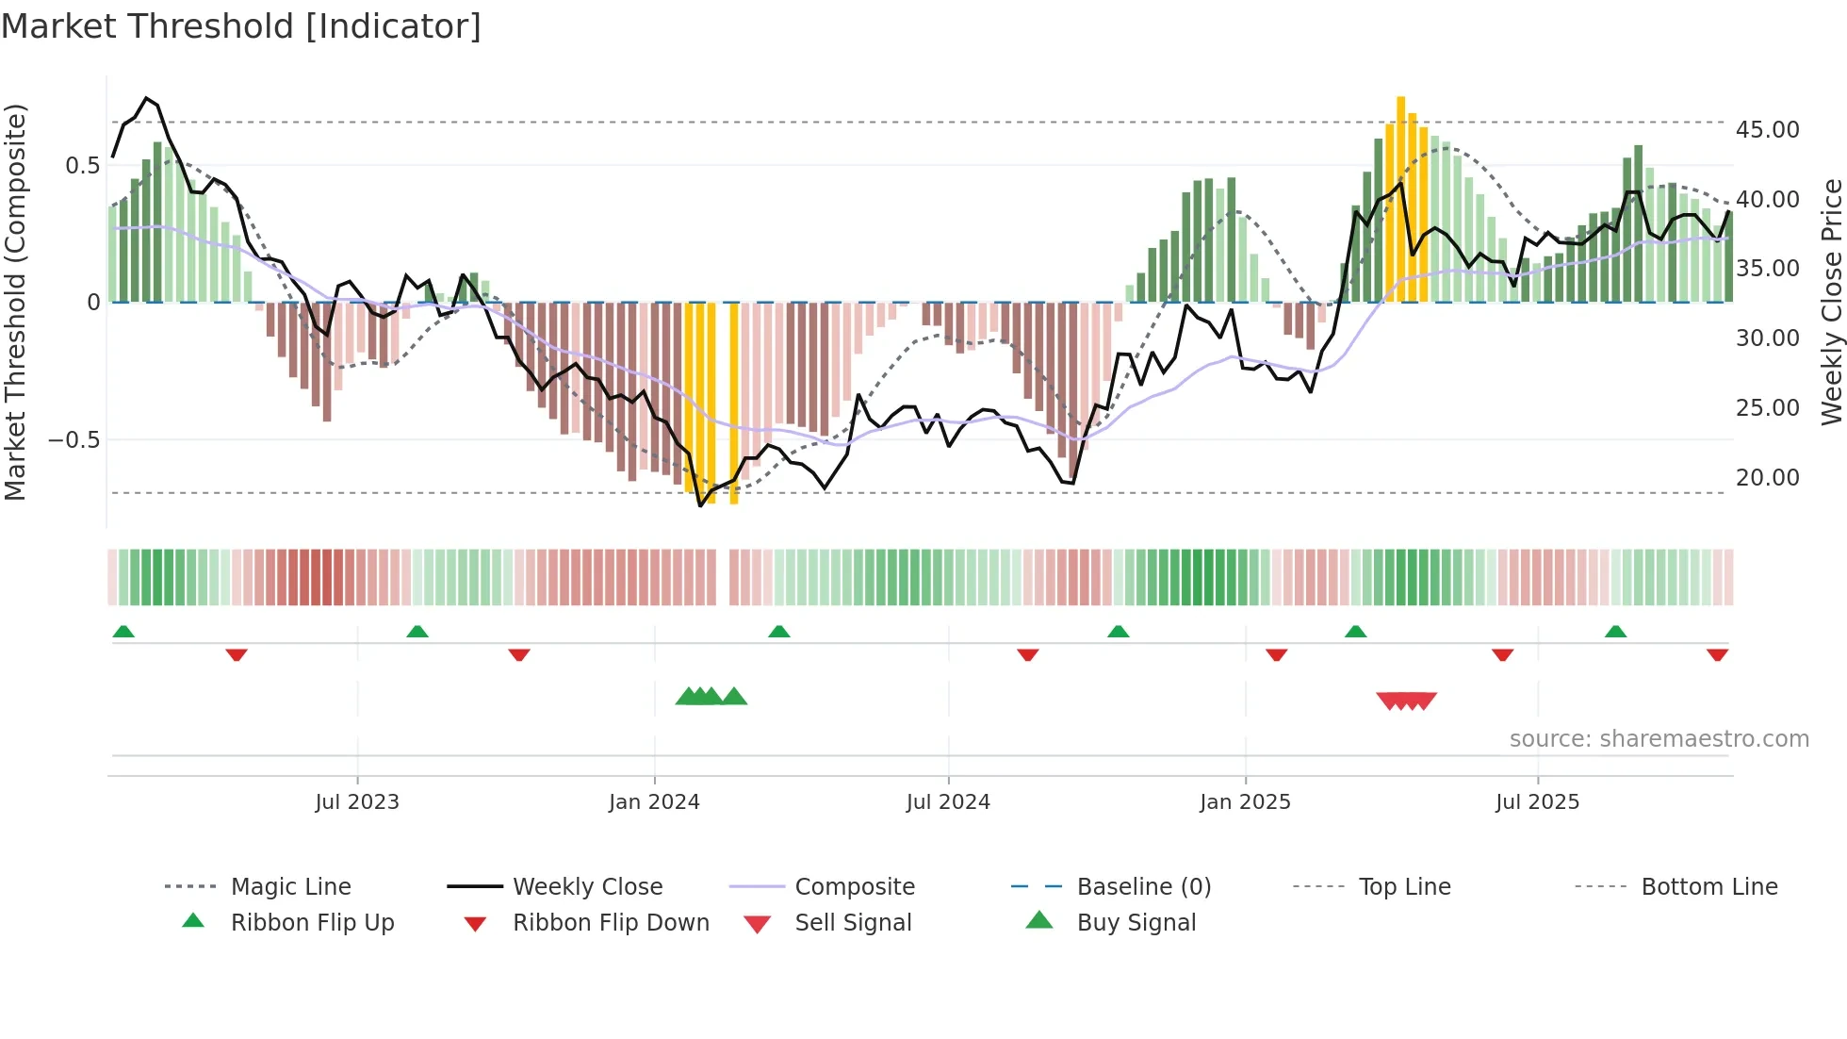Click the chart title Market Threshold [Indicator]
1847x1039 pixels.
pyautogui.click(x=241, y=26)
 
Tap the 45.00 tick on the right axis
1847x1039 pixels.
pyautogui.click(x=1767, y=129)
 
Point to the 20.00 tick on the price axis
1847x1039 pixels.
pyautogui.click(x=1767, y=477)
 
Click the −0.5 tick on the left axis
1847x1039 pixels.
pyautogui.click(x=74, y=439)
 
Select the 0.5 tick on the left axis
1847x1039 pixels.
pyautogui.click(x=82, y=165)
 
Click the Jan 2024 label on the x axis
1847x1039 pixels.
pyautogui.click(x=654, y=801)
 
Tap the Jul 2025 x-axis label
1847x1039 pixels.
pyautogui.click(x=1537, y=801)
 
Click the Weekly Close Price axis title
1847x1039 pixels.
pyautogui.click(x=1830, y=302)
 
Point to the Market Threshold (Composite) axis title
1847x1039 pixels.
pyautogui.click(x=15, y=302)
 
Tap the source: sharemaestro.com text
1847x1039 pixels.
pyautogui.click(x=1659, y=738)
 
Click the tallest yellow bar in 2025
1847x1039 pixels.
pyautogui.click(x=1401, y=198)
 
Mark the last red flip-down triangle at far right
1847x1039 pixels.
pyautogui.click(x=1717, y=654)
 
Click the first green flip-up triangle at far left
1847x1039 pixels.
pyautogui.click(x=123, y=632)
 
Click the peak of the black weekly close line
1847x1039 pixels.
pyautogui.click(x=146, y=98)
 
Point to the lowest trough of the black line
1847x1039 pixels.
pyautogui.click(x=700, y=505)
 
